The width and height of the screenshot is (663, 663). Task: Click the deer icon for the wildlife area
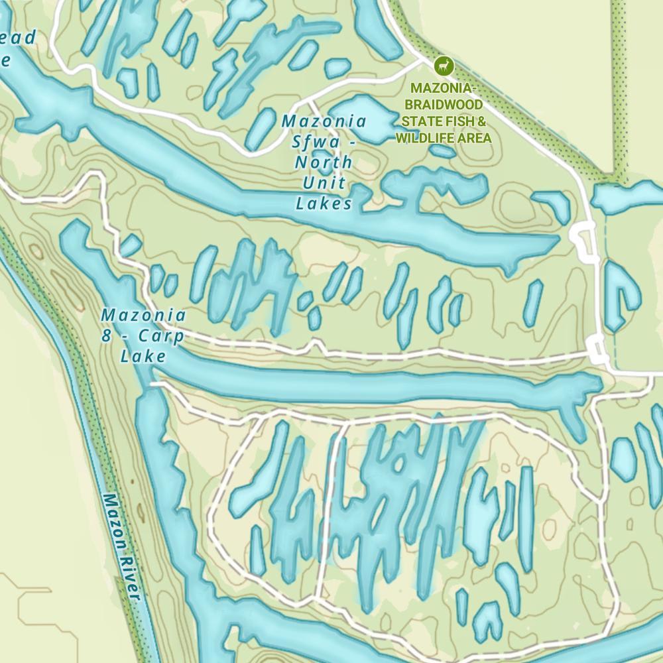click(443, 66)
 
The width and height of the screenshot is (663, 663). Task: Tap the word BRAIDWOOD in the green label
click(444, 105)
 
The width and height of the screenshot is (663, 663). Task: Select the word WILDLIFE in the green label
click(424, 138)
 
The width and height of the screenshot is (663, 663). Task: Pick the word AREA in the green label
click(473, 138)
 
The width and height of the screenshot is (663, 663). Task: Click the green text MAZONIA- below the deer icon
click(443, 88)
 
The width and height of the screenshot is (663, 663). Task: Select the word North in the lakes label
click(324, 162)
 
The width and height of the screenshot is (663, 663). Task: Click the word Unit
click(324, 183)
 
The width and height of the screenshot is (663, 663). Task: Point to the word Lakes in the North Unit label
click(324, 204)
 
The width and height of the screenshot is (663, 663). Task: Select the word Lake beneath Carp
click(143, 357)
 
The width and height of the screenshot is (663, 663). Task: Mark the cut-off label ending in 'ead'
click(17, 38)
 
